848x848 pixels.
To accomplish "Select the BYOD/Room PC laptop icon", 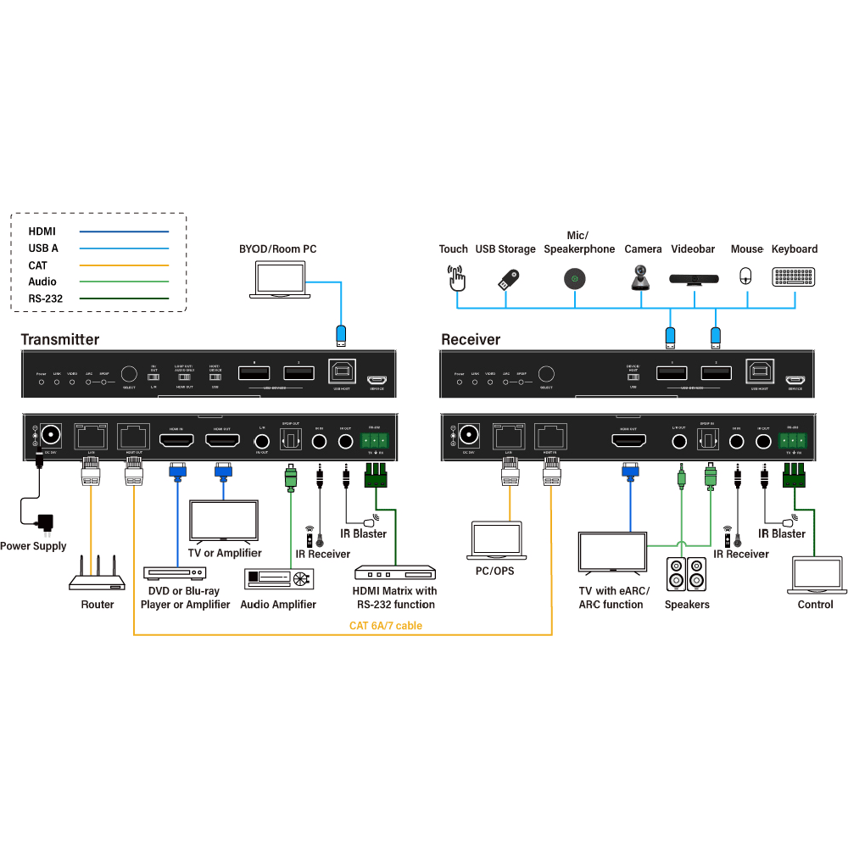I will coord(282,280).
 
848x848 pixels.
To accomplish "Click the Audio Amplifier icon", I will coord(278,578).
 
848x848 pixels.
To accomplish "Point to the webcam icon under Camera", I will coord(642,276).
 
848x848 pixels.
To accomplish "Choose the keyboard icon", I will coord(795,277).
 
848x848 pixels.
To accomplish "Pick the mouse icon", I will coord(746,276).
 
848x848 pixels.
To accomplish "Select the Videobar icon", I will coord(694,277).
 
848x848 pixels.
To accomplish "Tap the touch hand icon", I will coord(456,276).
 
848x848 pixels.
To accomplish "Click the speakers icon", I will coord(686,574).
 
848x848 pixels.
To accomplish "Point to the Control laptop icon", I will coord(815,575).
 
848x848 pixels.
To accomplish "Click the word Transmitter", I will coord(60,340).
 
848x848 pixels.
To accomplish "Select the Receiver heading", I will coord(471,340).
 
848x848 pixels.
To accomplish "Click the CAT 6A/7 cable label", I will coord(386,626).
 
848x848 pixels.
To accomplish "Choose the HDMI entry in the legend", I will coord(42,231).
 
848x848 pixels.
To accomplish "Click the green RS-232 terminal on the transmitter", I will coord(374,440).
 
